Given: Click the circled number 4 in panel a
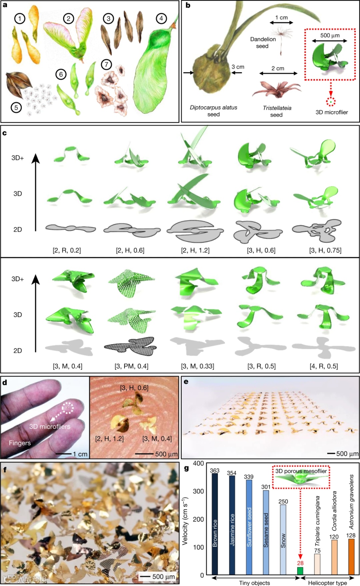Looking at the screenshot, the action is tap(161, 18).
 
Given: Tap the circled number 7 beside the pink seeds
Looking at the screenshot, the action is tap(106, 64).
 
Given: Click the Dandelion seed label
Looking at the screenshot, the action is tap(263, 43).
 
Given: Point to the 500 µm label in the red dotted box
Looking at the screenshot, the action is tap(330, 35).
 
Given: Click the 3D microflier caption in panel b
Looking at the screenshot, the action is tap(332, 112).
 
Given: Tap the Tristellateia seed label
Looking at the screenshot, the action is tap(277, 111).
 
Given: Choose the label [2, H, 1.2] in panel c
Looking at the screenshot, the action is tap(195, 250).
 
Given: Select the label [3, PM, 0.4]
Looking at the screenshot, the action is tap(131, 366).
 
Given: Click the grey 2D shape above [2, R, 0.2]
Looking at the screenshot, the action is tap(71, 228).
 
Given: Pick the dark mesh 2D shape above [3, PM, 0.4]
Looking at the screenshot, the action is tap(129, 346).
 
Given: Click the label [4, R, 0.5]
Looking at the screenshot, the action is tap(324, 366).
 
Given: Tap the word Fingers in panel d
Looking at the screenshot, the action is tap(20, 443).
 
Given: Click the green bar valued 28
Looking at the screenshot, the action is tap(300, 571).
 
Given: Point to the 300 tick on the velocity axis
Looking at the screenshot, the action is tap(198, 491).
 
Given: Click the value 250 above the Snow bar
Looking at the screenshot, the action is tap(283, 501).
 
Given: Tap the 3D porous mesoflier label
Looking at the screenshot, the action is tap(301, 471).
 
